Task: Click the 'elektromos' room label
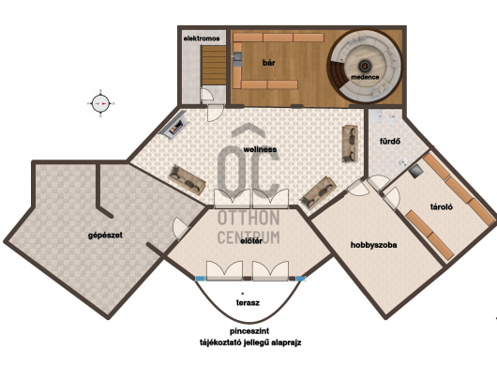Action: (x=202, y=38)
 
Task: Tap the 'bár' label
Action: (x=269, y=63)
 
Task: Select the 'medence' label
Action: (x=365, y=77)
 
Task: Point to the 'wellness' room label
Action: (x=260, y=149)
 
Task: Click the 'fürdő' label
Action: (x=390, y=141)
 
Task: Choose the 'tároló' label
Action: (x=442, y=206)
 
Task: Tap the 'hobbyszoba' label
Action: (x=374, y=245)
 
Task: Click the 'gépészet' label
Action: (x=105, y=236)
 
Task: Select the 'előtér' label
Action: (x=251, y=241)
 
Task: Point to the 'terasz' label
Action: (x=248, y=302)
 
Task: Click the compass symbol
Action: (x=100, y=103)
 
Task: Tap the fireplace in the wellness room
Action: (x=173, y=125)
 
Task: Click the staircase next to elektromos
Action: (x=214, y=65)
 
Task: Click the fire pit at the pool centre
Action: (x=365, y=66)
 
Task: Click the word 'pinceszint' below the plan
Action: (x=249, y=331)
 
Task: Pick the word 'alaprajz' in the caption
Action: (x=286, y=343)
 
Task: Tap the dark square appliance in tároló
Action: (x=415, y=172)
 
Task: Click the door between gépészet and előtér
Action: (x=181, y=228)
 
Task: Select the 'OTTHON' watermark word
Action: (x=248, y=218)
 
